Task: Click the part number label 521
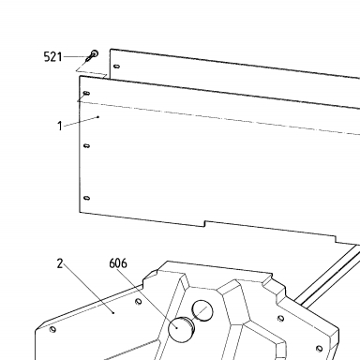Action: pos(52,57)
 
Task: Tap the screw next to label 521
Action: pos(92,55)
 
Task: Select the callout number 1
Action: pos(60,127)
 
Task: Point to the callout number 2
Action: pos(60,263)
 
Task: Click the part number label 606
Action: pos(118,263)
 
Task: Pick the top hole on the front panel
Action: pos(87,93)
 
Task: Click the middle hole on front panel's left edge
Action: pos(87,145)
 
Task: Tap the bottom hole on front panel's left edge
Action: pos(87,198)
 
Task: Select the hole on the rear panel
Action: pos(117,67)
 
